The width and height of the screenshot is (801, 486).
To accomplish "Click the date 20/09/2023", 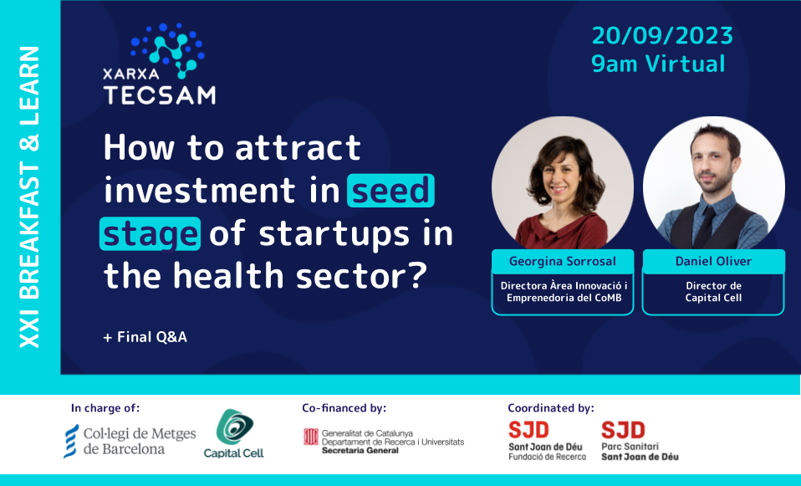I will click(x=661, y=35).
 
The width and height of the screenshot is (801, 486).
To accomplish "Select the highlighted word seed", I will click(x=390, y=191).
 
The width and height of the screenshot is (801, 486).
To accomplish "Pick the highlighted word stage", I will click(x=151, y=233).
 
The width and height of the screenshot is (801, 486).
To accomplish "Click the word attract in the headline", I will click(x=298, y=148).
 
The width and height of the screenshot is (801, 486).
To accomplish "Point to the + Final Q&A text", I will click(x=145, y=337).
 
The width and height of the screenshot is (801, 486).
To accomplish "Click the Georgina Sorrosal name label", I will click(x=562, y=261).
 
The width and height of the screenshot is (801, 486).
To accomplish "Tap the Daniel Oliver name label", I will click(x=713, y=261).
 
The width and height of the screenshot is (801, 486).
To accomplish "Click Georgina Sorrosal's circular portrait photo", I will click(x=562, y=187).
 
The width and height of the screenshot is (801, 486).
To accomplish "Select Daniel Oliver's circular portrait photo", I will click(x=713, y=187).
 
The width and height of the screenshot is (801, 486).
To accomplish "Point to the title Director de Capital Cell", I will click(x=713, y=292).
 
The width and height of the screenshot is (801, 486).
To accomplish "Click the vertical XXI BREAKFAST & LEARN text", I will click(x=29, y=197).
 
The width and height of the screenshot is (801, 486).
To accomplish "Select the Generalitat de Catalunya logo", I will click(x=383, y=441).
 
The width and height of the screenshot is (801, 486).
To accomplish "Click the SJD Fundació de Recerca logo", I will click(x=547, y=441).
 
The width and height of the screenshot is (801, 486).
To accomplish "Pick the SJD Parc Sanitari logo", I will click(x=640, y=441).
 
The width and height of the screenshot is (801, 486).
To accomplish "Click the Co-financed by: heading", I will click(x=344, y=408).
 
